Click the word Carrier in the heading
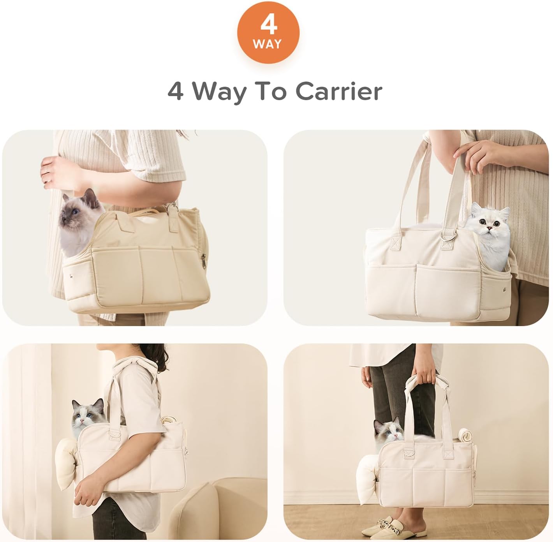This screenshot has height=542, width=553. [x=338, y=92]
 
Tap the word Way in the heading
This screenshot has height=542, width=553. [x=220, y=92]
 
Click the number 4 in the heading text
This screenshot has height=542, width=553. [x=175, y=92]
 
